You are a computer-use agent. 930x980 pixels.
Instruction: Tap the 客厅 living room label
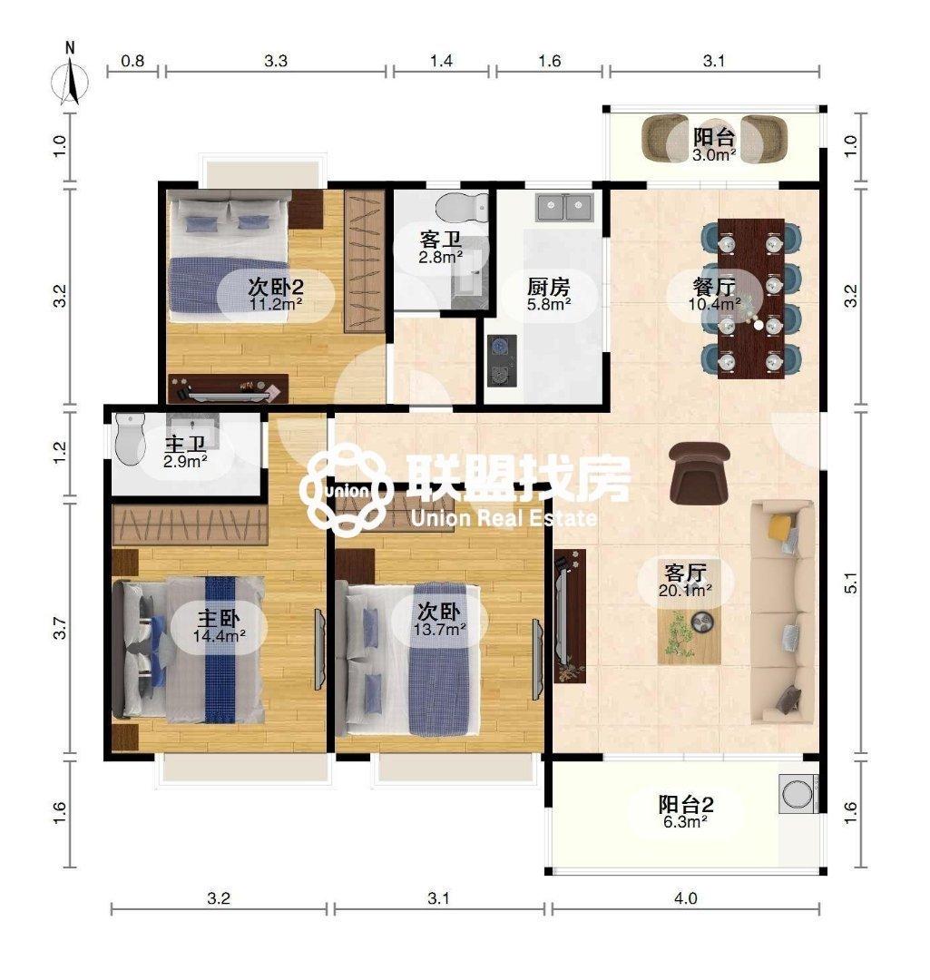click(685, 573)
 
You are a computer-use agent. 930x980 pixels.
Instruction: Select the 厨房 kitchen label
click(548, 287)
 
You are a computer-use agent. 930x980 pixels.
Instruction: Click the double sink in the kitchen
click(564, 208)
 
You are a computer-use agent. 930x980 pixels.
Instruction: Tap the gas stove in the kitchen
click(502, 360)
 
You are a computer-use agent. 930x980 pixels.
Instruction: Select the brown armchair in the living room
click(699, 472)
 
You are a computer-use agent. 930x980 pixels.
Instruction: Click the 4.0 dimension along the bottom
click(685, 898)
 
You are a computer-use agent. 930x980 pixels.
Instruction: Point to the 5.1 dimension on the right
click(851, 583)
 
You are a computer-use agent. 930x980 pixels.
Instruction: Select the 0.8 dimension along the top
click(132, 61)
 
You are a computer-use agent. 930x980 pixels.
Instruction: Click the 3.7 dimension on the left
click(59, 628)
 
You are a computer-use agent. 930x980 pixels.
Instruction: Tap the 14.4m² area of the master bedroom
click(219, 635)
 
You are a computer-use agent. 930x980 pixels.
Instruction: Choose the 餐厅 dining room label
click(713, 287)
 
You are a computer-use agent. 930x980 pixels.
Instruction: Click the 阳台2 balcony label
click(686, 804)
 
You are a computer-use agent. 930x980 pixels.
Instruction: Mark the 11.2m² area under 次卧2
click(277, 304)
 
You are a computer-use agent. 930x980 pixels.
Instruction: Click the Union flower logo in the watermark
click(344, 489)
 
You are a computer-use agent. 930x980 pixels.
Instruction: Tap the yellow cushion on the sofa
click(780, 526)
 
